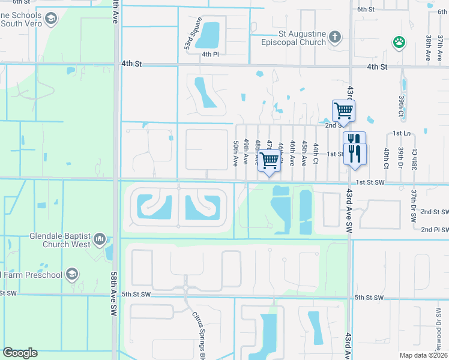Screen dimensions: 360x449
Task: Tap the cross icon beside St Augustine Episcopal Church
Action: click(x=335, y=38)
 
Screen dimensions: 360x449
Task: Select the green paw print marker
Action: click(x=398, y=42)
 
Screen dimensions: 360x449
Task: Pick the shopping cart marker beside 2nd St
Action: click(x=343, y=110)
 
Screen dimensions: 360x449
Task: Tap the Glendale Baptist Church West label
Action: click(x=60, y=240)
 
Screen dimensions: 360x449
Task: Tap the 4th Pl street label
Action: click(x=210, y=55)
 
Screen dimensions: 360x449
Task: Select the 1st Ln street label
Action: click(x=401, y=133)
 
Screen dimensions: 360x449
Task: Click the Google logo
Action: click(x=20, y=353)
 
